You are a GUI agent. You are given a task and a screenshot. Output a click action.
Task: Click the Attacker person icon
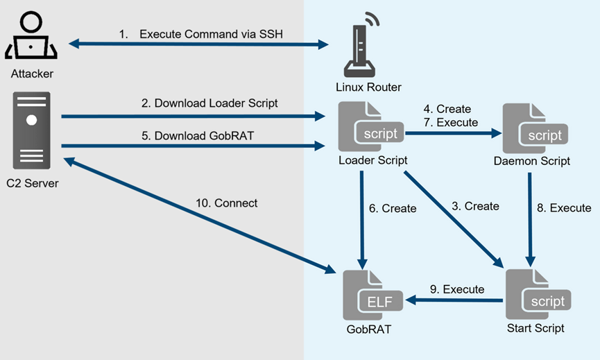tap(31, 35)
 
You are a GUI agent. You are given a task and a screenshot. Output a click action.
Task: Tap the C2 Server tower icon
tap(31, 130)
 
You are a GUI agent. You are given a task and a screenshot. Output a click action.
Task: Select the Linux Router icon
tap(361, 45)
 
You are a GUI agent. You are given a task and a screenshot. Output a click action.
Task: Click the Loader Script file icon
tap(371, 127)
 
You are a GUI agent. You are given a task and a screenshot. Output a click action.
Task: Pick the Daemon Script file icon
tap(535, 128)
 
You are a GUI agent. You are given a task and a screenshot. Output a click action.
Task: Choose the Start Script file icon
tap(538, 294)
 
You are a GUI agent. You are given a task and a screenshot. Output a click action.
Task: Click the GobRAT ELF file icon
tap(373, 295)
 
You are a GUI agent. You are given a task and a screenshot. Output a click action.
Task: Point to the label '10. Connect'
tap(227, 203)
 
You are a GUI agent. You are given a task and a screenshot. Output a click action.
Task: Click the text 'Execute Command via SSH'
tap(212, 34)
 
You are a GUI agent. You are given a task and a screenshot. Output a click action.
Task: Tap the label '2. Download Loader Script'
tap(209, 103)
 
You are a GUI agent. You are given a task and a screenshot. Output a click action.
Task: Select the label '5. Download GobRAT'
tap(198, 136)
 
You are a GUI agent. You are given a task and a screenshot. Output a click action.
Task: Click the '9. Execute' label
tap(457, 289)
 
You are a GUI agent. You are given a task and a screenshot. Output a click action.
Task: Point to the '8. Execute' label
tap(564, 207)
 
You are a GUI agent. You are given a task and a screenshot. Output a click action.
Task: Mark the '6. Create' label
tap(393, 209)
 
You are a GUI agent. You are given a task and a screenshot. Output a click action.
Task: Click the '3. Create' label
tap(475, 206)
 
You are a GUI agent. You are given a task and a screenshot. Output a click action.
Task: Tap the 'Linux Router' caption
tap(368, 87)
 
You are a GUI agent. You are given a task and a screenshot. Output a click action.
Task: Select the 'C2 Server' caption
tap(33, 183)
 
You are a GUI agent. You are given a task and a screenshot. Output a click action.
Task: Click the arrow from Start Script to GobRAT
tap(454, 300)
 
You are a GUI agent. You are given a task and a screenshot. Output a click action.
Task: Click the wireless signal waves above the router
tap(372, 18)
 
